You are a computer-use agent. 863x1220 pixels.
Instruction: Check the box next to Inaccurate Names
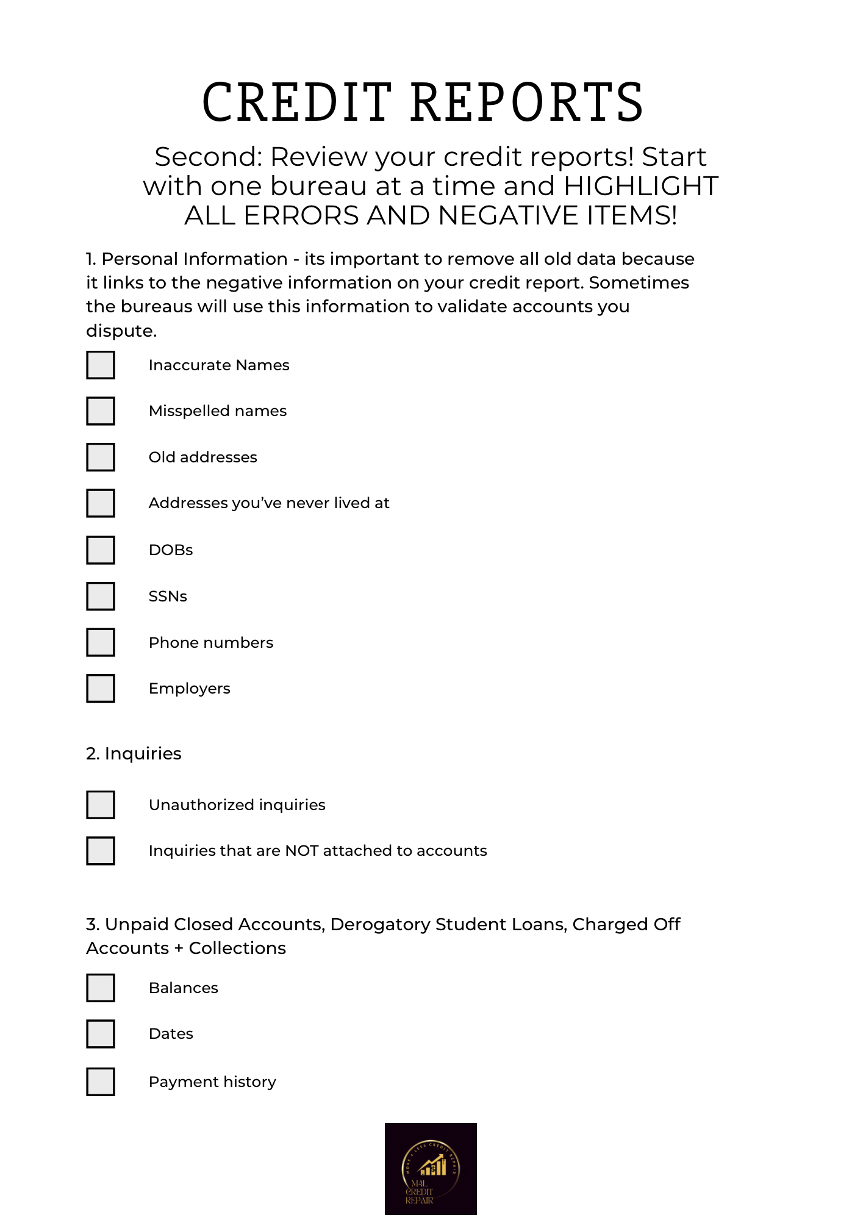[x=101, y=365]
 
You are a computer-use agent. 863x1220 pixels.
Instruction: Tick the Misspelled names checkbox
[x=101, y=411]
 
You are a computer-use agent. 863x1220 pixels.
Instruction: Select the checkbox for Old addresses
[x=101, y=457]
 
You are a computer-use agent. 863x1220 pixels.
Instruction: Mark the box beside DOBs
[x=101, y=550]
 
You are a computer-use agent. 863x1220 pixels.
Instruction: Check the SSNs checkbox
[x=101, y=596]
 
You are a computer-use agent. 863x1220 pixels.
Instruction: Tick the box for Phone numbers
[x=101, y=642]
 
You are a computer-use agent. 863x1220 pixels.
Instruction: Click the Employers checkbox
[x=101, y=688]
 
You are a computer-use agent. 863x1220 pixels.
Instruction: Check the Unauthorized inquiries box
[x=101, y=805]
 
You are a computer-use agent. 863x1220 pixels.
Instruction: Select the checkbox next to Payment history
[x=101, y=1082]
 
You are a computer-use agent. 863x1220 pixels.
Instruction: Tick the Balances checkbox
[x=101, y=988]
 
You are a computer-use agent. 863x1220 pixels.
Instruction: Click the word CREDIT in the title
[x=297, y=102]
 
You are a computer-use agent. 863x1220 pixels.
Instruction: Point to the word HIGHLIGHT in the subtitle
[x=641, y=186]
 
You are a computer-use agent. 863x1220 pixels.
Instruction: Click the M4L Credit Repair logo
[x=431, y=1169]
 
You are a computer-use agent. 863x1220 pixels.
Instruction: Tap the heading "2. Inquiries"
[x=134, y=754]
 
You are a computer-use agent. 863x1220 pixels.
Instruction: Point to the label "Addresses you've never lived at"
[x=269, y=503]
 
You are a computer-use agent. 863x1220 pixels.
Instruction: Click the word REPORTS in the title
[x=527, y=102]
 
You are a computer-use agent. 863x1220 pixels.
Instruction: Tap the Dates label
[x=171, y=1034]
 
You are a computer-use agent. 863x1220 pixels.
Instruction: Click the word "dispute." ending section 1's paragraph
[x=121, y=331]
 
